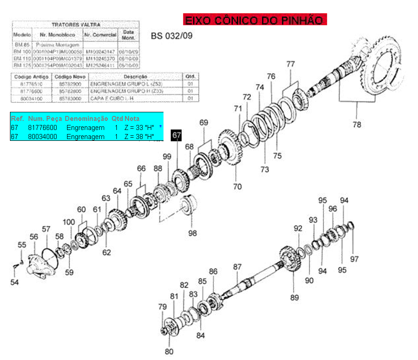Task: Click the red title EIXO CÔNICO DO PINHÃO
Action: tap(255, 20)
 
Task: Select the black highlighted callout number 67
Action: tap(176, 136)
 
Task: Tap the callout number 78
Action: tap(357, 125)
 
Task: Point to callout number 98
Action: tap(193, 233)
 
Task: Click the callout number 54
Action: tap(15, 283)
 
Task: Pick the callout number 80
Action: tap(169, 351)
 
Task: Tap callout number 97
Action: tap(354, 259)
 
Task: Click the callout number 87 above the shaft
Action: tap(238, 267)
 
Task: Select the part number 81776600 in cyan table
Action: tap(43, 128)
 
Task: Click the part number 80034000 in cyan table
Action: tap(43, 136)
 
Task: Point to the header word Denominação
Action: tap(86, 119)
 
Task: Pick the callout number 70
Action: tap(237, 186)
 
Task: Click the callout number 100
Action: tap(69, 222)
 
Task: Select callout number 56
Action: tap(34, 237)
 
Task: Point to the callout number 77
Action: tap(290, 64)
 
